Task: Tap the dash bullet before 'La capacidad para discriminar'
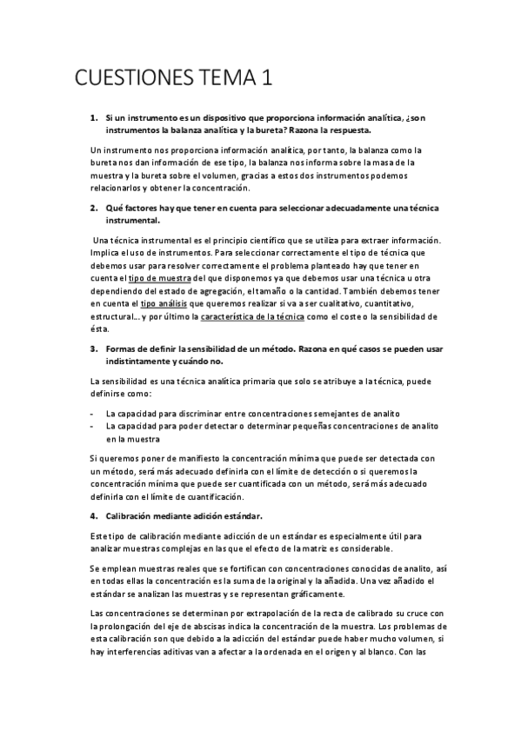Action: coord(93,413)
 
